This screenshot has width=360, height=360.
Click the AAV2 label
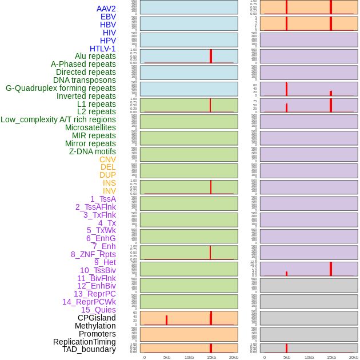(106, 9)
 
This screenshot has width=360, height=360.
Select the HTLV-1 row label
(103, 49)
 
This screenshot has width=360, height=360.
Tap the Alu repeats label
(95, 56)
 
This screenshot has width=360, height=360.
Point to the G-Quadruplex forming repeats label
(61, 88)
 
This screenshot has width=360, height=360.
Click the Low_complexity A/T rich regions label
(58, 119)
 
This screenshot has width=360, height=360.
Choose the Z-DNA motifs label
(93, 151)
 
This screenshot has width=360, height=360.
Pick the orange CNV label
(107, 159)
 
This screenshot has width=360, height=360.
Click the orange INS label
(109, 183)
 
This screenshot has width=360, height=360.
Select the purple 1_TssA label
(103, 199)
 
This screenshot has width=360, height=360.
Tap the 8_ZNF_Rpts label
(93, 254)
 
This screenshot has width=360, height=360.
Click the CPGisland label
(97, 318)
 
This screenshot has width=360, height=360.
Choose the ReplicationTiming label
(85, 342)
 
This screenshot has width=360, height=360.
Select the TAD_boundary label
(89, 349)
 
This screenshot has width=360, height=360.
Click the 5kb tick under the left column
(167, 357)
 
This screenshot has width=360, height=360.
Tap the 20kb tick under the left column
(234, 357)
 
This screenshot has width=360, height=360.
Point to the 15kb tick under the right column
(331, 357)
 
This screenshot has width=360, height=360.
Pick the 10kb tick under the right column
(309, 357)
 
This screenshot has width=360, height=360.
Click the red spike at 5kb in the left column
(166, 320)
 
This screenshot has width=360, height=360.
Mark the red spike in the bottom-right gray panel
(286, 348)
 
